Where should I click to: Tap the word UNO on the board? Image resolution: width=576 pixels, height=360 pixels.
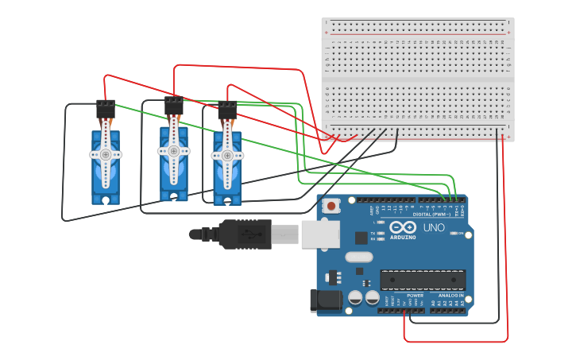[x=434, y=227]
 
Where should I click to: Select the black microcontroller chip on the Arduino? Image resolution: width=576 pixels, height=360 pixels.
[x=422, y=280]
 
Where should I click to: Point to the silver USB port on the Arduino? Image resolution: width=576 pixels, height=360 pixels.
[x=320, y=234]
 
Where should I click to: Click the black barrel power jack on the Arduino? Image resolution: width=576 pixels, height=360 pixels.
[x=325, y=300]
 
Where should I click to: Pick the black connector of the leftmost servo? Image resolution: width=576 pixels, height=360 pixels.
[x=105, y=109]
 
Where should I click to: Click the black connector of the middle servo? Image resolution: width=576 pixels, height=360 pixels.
[x=173, y=105]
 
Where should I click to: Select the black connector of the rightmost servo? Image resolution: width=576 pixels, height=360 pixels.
[x=227, y=110]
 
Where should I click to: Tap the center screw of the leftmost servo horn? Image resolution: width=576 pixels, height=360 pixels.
[x=105, y=155]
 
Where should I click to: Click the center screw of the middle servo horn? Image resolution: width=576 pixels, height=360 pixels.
[x=173, y=150]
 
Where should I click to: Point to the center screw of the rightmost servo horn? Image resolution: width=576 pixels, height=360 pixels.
[x=227, y=156]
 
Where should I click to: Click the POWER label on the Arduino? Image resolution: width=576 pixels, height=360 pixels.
[x=415, y=295]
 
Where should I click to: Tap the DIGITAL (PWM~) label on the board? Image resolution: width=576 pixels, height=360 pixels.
[x=432, y=214]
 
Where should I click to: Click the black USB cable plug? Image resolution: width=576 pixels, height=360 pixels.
[x=238, y=234]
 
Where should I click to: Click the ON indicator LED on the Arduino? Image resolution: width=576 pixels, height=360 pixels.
[x=457, y=233]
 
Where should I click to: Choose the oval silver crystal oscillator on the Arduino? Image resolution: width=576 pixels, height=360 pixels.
[x=359, y=257]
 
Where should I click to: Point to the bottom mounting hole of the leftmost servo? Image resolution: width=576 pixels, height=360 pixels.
[x=105, y=199]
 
